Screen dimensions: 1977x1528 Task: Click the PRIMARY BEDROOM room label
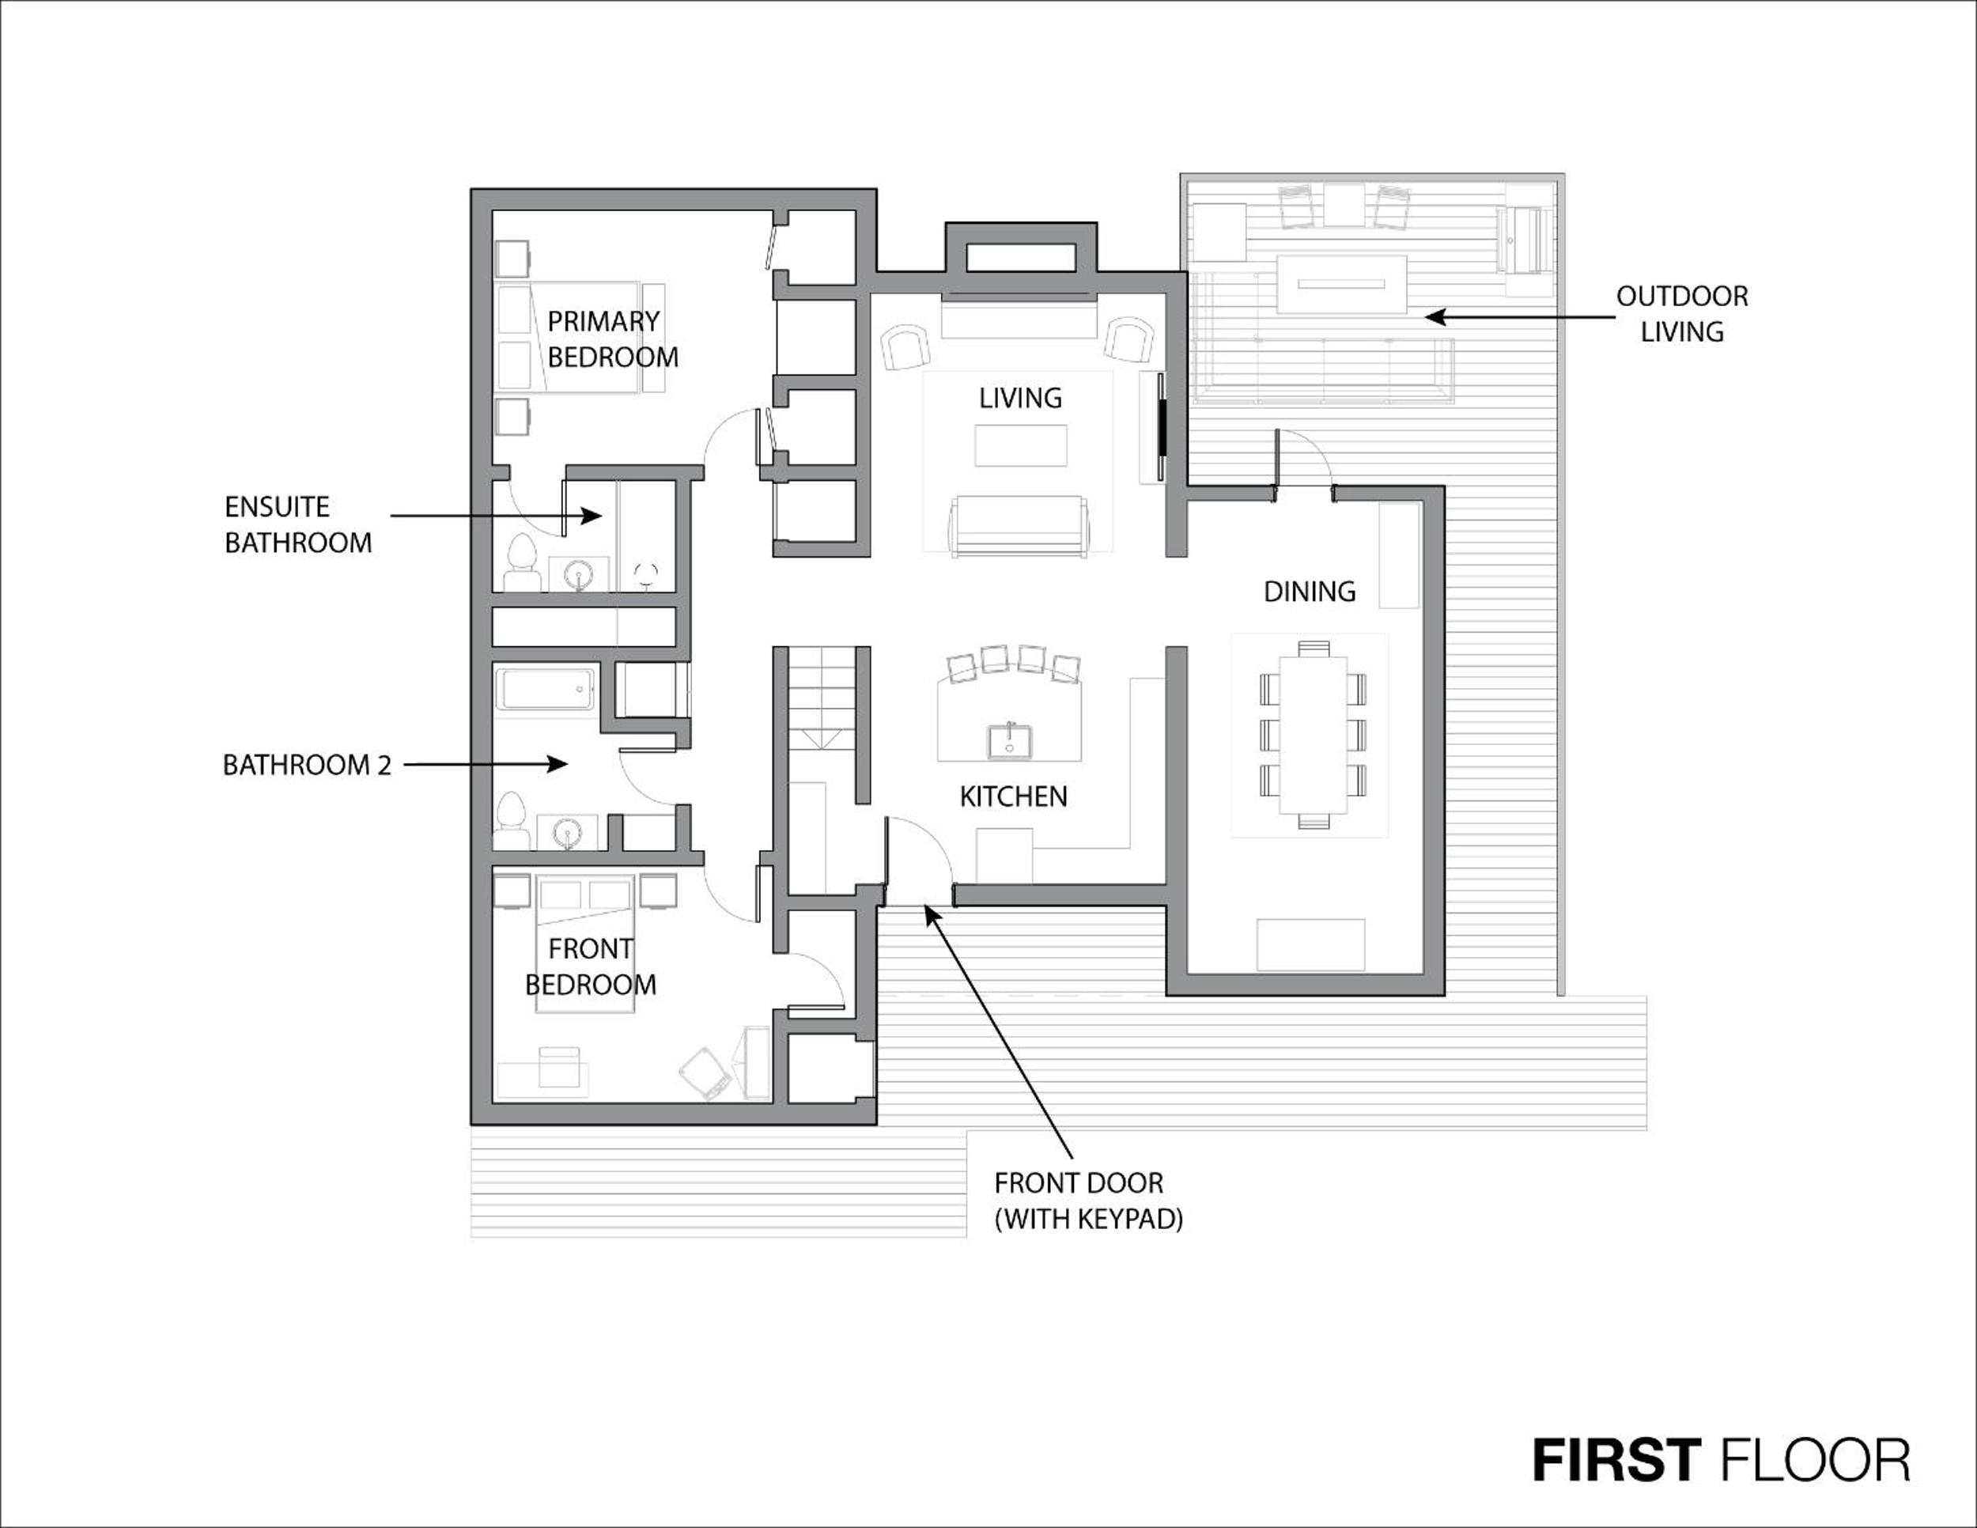point(613,339)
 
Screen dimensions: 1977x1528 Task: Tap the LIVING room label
point(1020,397)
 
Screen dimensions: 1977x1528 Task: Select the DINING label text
point(1309,591)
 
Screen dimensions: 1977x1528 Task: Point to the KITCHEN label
point(1013,796)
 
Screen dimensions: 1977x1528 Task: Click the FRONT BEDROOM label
point(591,966)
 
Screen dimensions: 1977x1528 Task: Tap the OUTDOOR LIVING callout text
point(1682,314)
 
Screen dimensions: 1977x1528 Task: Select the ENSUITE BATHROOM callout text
point(298,524)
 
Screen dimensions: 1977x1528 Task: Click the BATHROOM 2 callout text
point(307,765)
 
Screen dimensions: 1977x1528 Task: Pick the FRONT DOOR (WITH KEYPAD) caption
point(1089,1201)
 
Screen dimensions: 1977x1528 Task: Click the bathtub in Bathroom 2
point(545,690)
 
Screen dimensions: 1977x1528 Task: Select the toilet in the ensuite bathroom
point(520,563)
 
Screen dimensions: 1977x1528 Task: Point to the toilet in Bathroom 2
point(512,821)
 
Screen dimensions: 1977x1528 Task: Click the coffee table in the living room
point(1020,445)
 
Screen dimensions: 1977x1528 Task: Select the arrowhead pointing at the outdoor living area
point(1437,317)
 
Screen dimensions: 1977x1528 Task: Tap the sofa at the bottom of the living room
point(1018,526)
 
